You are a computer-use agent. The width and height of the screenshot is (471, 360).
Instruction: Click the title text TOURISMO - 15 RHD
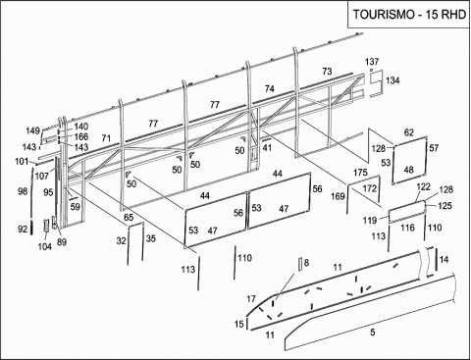coord(409,15)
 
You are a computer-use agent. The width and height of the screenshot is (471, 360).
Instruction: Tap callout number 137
coord(372,62)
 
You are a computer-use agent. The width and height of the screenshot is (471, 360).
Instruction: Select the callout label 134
coord(392,80)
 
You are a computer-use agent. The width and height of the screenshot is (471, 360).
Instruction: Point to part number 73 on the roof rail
coord(327,72)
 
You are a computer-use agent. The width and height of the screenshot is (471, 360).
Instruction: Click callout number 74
coord(270,88)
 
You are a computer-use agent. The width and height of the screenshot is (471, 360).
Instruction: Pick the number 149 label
coord(33,130)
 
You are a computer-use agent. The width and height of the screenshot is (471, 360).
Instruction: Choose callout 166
coord(81,136)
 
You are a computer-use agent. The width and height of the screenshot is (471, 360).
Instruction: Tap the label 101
coord(22,161)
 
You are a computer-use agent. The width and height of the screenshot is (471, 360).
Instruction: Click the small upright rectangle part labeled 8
coord(299,264)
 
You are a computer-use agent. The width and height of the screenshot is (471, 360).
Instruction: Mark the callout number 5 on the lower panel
coord(373,333)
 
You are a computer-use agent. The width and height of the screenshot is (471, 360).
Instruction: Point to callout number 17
coord(251,299)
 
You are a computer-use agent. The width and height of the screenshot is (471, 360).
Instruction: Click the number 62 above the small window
coord(409,132)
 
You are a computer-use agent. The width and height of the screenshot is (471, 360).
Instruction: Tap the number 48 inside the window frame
coord(409,170)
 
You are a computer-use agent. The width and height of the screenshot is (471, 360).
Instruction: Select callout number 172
coord(370,188)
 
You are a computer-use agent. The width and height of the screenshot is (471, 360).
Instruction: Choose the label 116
coord(407,228)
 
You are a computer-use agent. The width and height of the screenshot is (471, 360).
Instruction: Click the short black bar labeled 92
coord(31,228)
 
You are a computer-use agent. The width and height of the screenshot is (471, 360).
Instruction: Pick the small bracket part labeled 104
coord(46,226)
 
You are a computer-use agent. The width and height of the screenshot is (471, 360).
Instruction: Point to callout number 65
coord(129,218)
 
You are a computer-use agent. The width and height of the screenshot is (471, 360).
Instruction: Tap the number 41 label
coord(267,148)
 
